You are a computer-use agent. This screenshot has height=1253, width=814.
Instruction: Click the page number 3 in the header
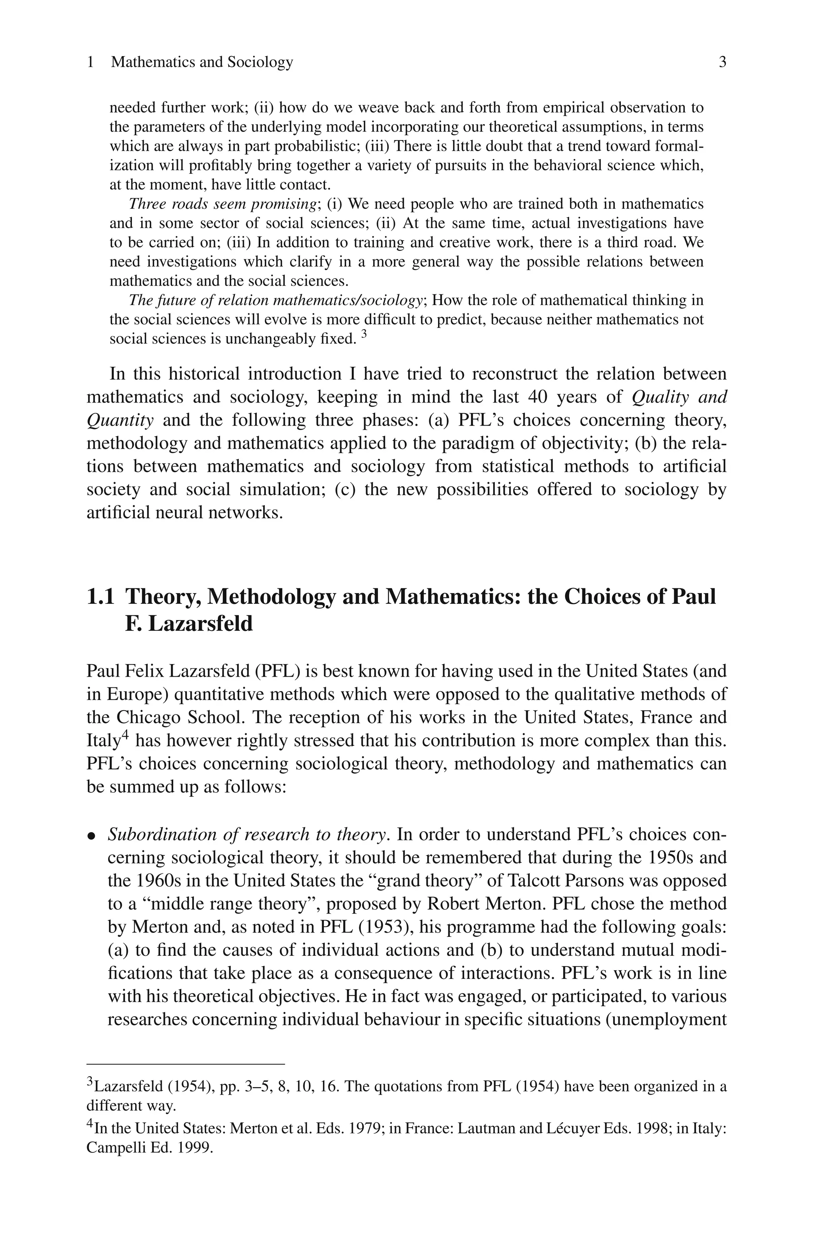(x=723, y=62)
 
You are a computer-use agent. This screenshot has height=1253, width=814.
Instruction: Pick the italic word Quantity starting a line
(x=120, y=420)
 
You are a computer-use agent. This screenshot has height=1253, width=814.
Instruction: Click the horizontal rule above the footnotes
(x=185, y=1064)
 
